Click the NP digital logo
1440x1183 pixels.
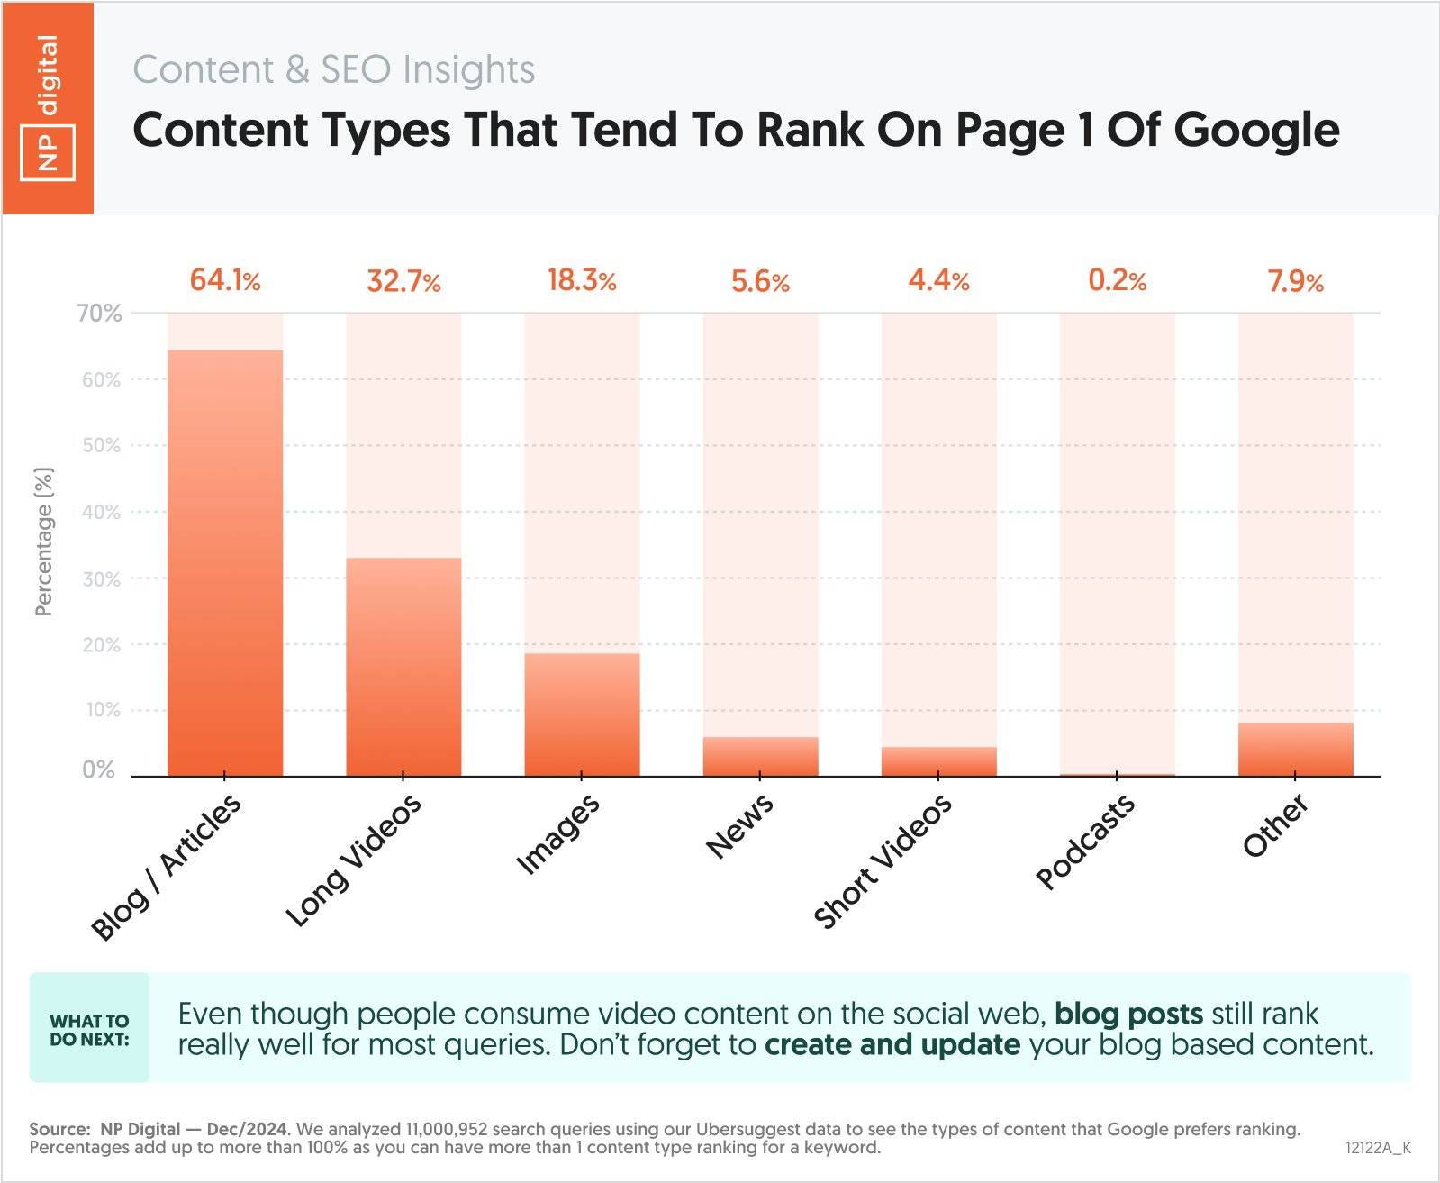(48, 108)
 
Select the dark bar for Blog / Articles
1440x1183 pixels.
(225, 563)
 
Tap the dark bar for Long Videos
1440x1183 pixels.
(403, 667)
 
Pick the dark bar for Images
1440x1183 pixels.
(582, 714)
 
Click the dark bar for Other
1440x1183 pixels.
(1295, 749)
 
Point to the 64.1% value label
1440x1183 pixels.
(225, 281)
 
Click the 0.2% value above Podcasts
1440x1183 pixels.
(1117, 281)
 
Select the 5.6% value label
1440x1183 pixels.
(760, 282)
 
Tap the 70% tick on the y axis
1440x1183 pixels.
(99, 314)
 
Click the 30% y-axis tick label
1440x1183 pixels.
(101, 579)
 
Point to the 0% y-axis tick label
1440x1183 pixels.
(99, 770)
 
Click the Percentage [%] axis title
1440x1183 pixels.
(43, 541)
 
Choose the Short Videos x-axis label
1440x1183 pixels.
(883, 861)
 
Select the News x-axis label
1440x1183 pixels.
(739, 826)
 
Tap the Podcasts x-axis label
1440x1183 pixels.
(1085, 843)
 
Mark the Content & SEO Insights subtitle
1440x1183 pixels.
(334, 69)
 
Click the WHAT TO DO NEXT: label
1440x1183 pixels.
(89, 1029)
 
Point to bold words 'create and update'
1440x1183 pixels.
(892, 1045)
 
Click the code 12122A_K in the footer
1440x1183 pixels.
(1378, 1148)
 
